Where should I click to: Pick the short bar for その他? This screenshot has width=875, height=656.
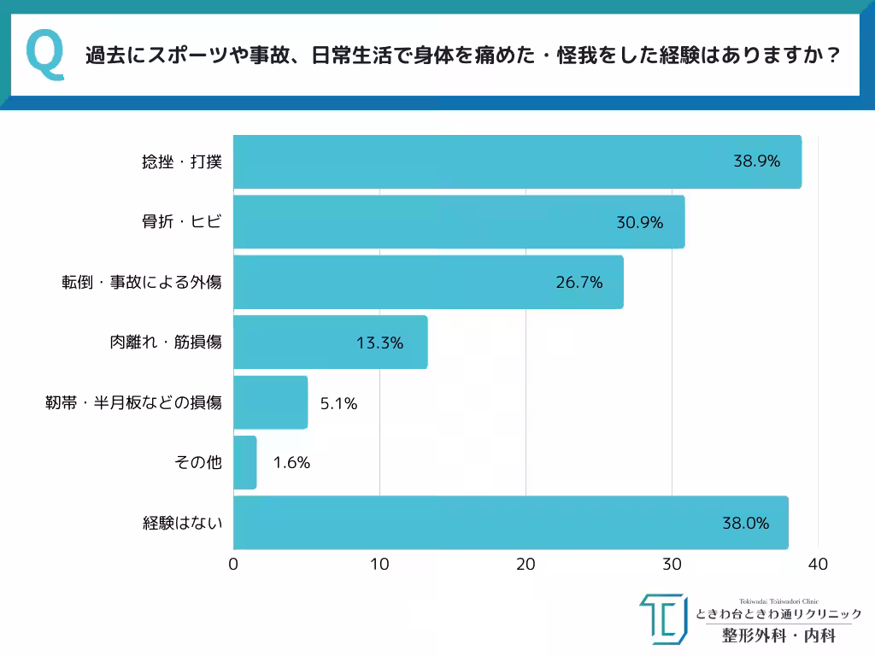pos(244,463)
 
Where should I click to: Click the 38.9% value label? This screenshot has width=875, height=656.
pos(756,161)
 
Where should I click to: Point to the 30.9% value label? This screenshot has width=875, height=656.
pos(640,222)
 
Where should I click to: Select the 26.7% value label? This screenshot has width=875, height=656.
pos(579,282)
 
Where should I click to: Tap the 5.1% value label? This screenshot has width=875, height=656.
pos(338,403)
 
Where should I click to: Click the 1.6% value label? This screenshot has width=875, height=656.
pos(291,463)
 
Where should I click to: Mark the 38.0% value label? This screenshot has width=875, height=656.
pos(745,523)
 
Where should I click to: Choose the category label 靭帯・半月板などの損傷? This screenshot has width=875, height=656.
pos(133,402)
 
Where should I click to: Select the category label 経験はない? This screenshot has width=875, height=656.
pos(182,523)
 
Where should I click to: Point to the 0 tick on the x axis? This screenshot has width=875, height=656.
pos(233,565)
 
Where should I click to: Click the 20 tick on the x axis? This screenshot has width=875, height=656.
pos(526,565)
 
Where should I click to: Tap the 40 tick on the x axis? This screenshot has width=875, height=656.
pos(818,565)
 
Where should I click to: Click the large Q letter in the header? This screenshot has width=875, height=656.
pos(44,56)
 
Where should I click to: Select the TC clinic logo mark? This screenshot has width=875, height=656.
pos(662,618)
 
